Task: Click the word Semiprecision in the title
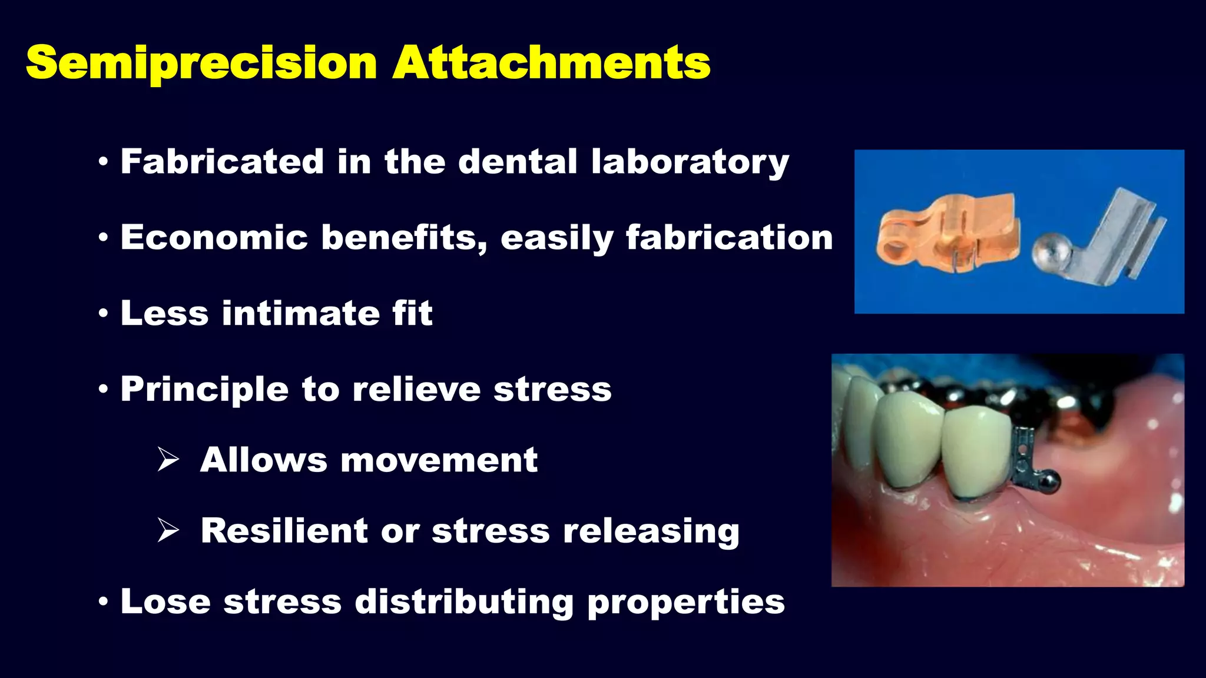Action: point(201,63)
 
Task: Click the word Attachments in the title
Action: point(552,63)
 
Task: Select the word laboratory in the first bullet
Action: point(690,162)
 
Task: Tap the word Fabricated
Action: point(222,162)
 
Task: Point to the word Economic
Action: point(214,238)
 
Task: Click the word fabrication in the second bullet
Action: point(729,238)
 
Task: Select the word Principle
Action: point(204,390)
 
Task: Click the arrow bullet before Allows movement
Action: point(168,460)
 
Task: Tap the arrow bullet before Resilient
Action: point(168,531)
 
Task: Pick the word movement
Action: point(439,460)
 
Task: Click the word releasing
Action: point(651,531)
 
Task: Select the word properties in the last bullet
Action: point(686,602)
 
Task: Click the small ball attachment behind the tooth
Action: point(1049,484)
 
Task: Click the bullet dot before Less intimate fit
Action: point(104,314)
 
